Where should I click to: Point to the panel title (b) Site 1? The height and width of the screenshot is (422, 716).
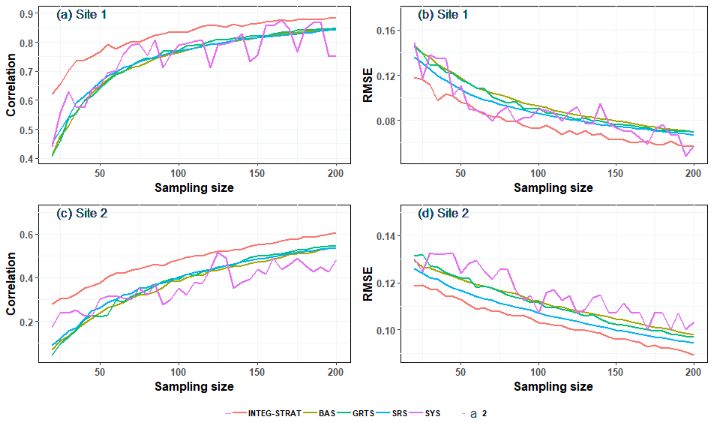[x=443, y=14]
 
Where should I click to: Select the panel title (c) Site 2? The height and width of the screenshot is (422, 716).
[x=82, y=213]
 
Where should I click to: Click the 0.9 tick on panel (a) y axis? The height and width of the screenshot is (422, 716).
[x=26, y=14]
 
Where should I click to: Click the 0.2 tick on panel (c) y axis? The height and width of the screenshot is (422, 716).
[x=26, y=322]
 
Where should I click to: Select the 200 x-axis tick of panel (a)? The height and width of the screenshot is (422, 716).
[x=336, y=173]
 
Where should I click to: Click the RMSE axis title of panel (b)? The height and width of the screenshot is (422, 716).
[x=368, y=85]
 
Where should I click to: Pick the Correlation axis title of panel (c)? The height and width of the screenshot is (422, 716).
[x=11, y=284]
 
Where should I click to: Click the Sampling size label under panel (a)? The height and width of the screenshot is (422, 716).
[x=194, y=188]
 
